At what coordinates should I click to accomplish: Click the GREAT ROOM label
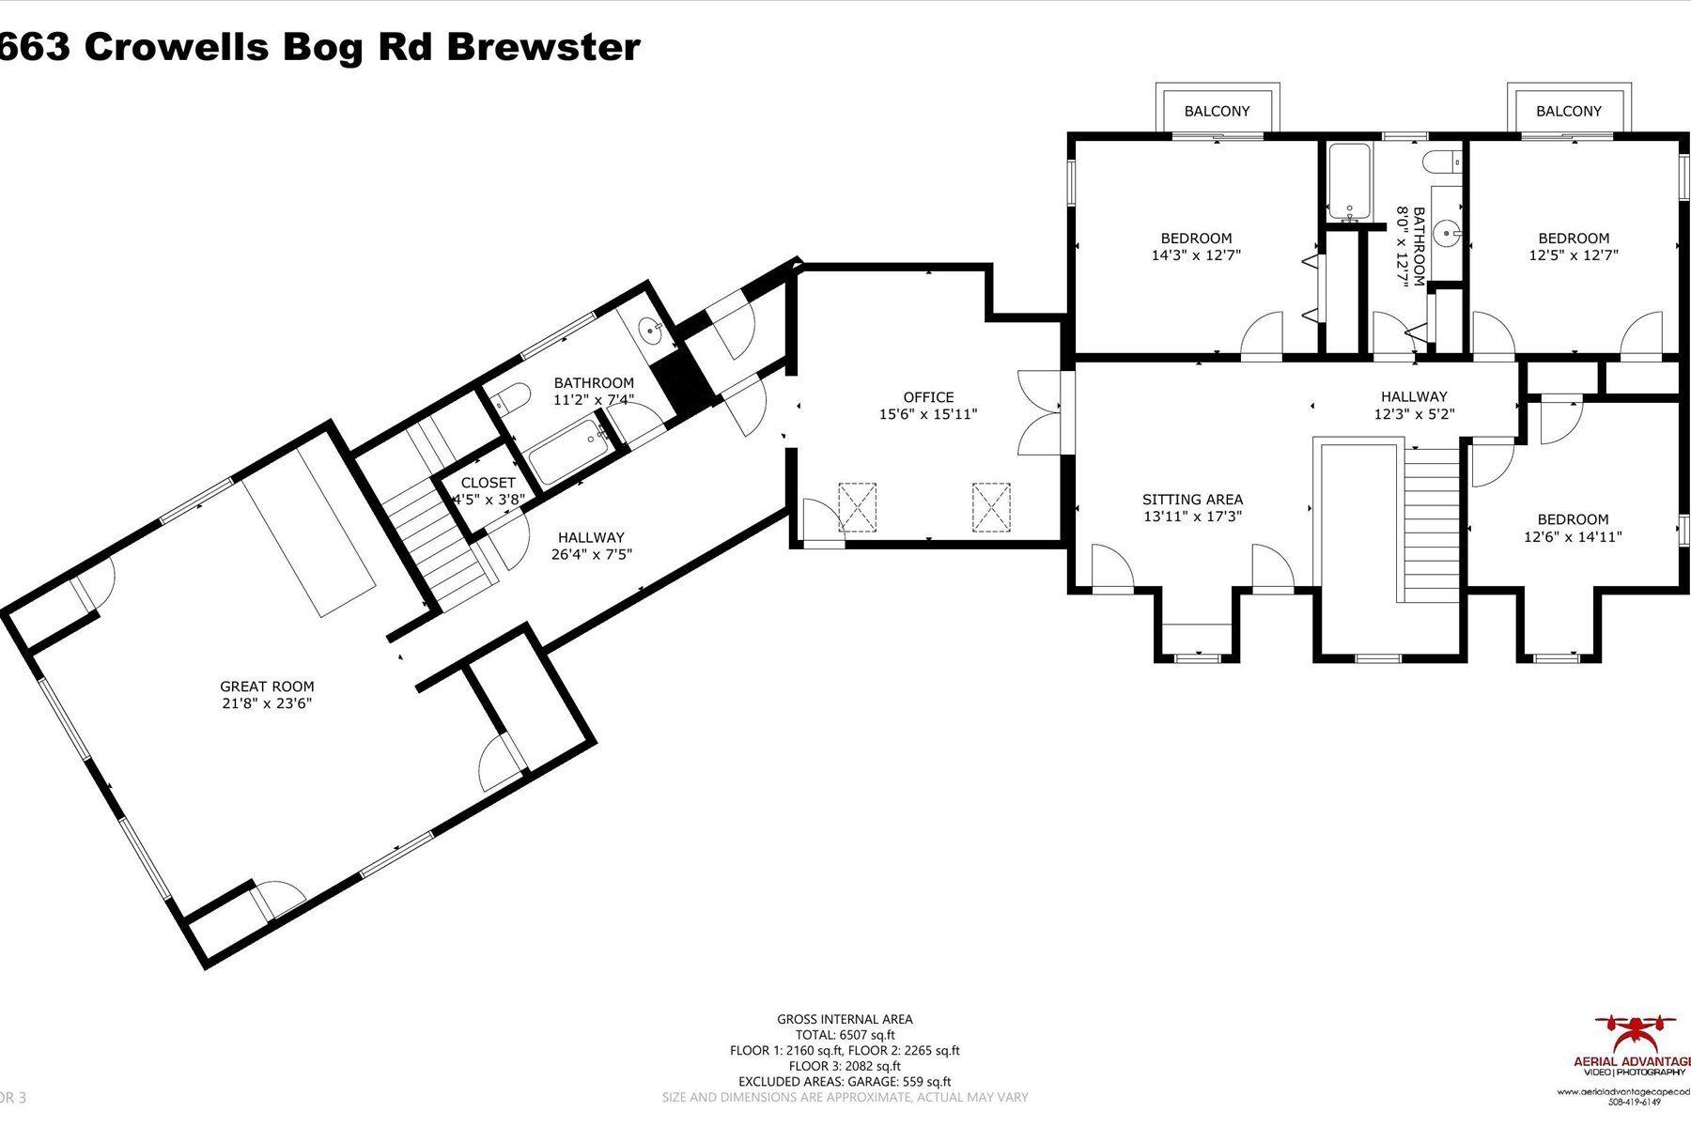[x=267, y=687]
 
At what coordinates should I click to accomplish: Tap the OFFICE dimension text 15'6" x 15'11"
[x=928, y=414]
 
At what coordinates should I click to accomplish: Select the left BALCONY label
[x=1217, y=111]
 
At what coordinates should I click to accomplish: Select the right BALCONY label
[x=1568, y=111]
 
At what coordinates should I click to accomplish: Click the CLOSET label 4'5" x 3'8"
[x=488, y=491]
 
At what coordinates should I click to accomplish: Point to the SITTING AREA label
[x=1192, y=500]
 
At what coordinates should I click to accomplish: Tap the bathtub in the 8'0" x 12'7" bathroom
[x=1347, y=181]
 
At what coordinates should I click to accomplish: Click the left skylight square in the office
[x=857, y=507]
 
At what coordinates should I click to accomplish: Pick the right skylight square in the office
[x=991, y=507]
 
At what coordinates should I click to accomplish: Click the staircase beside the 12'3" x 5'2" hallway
[x=1434, y=526]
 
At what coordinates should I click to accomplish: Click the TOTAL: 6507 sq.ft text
[x=845, y=1034]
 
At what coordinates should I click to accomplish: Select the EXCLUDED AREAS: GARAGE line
[x=845, y=1081]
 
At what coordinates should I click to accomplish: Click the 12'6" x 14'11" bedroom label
[x=1573, y=528]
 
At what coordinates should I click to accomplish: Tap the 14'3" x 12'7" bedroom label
[x=1196, y=246]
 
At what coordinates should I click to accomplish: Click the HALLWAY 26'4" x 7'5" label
[x=591, y=546]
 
